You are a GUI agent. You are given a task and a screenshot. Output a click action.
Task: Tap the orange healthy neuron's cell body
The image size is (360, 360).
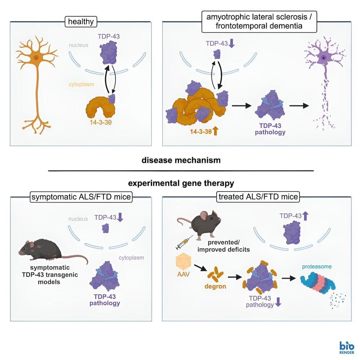36,58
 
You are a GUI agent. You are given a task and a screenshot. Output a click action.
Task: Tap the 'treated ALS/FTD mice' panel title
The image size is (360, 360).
258,198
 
